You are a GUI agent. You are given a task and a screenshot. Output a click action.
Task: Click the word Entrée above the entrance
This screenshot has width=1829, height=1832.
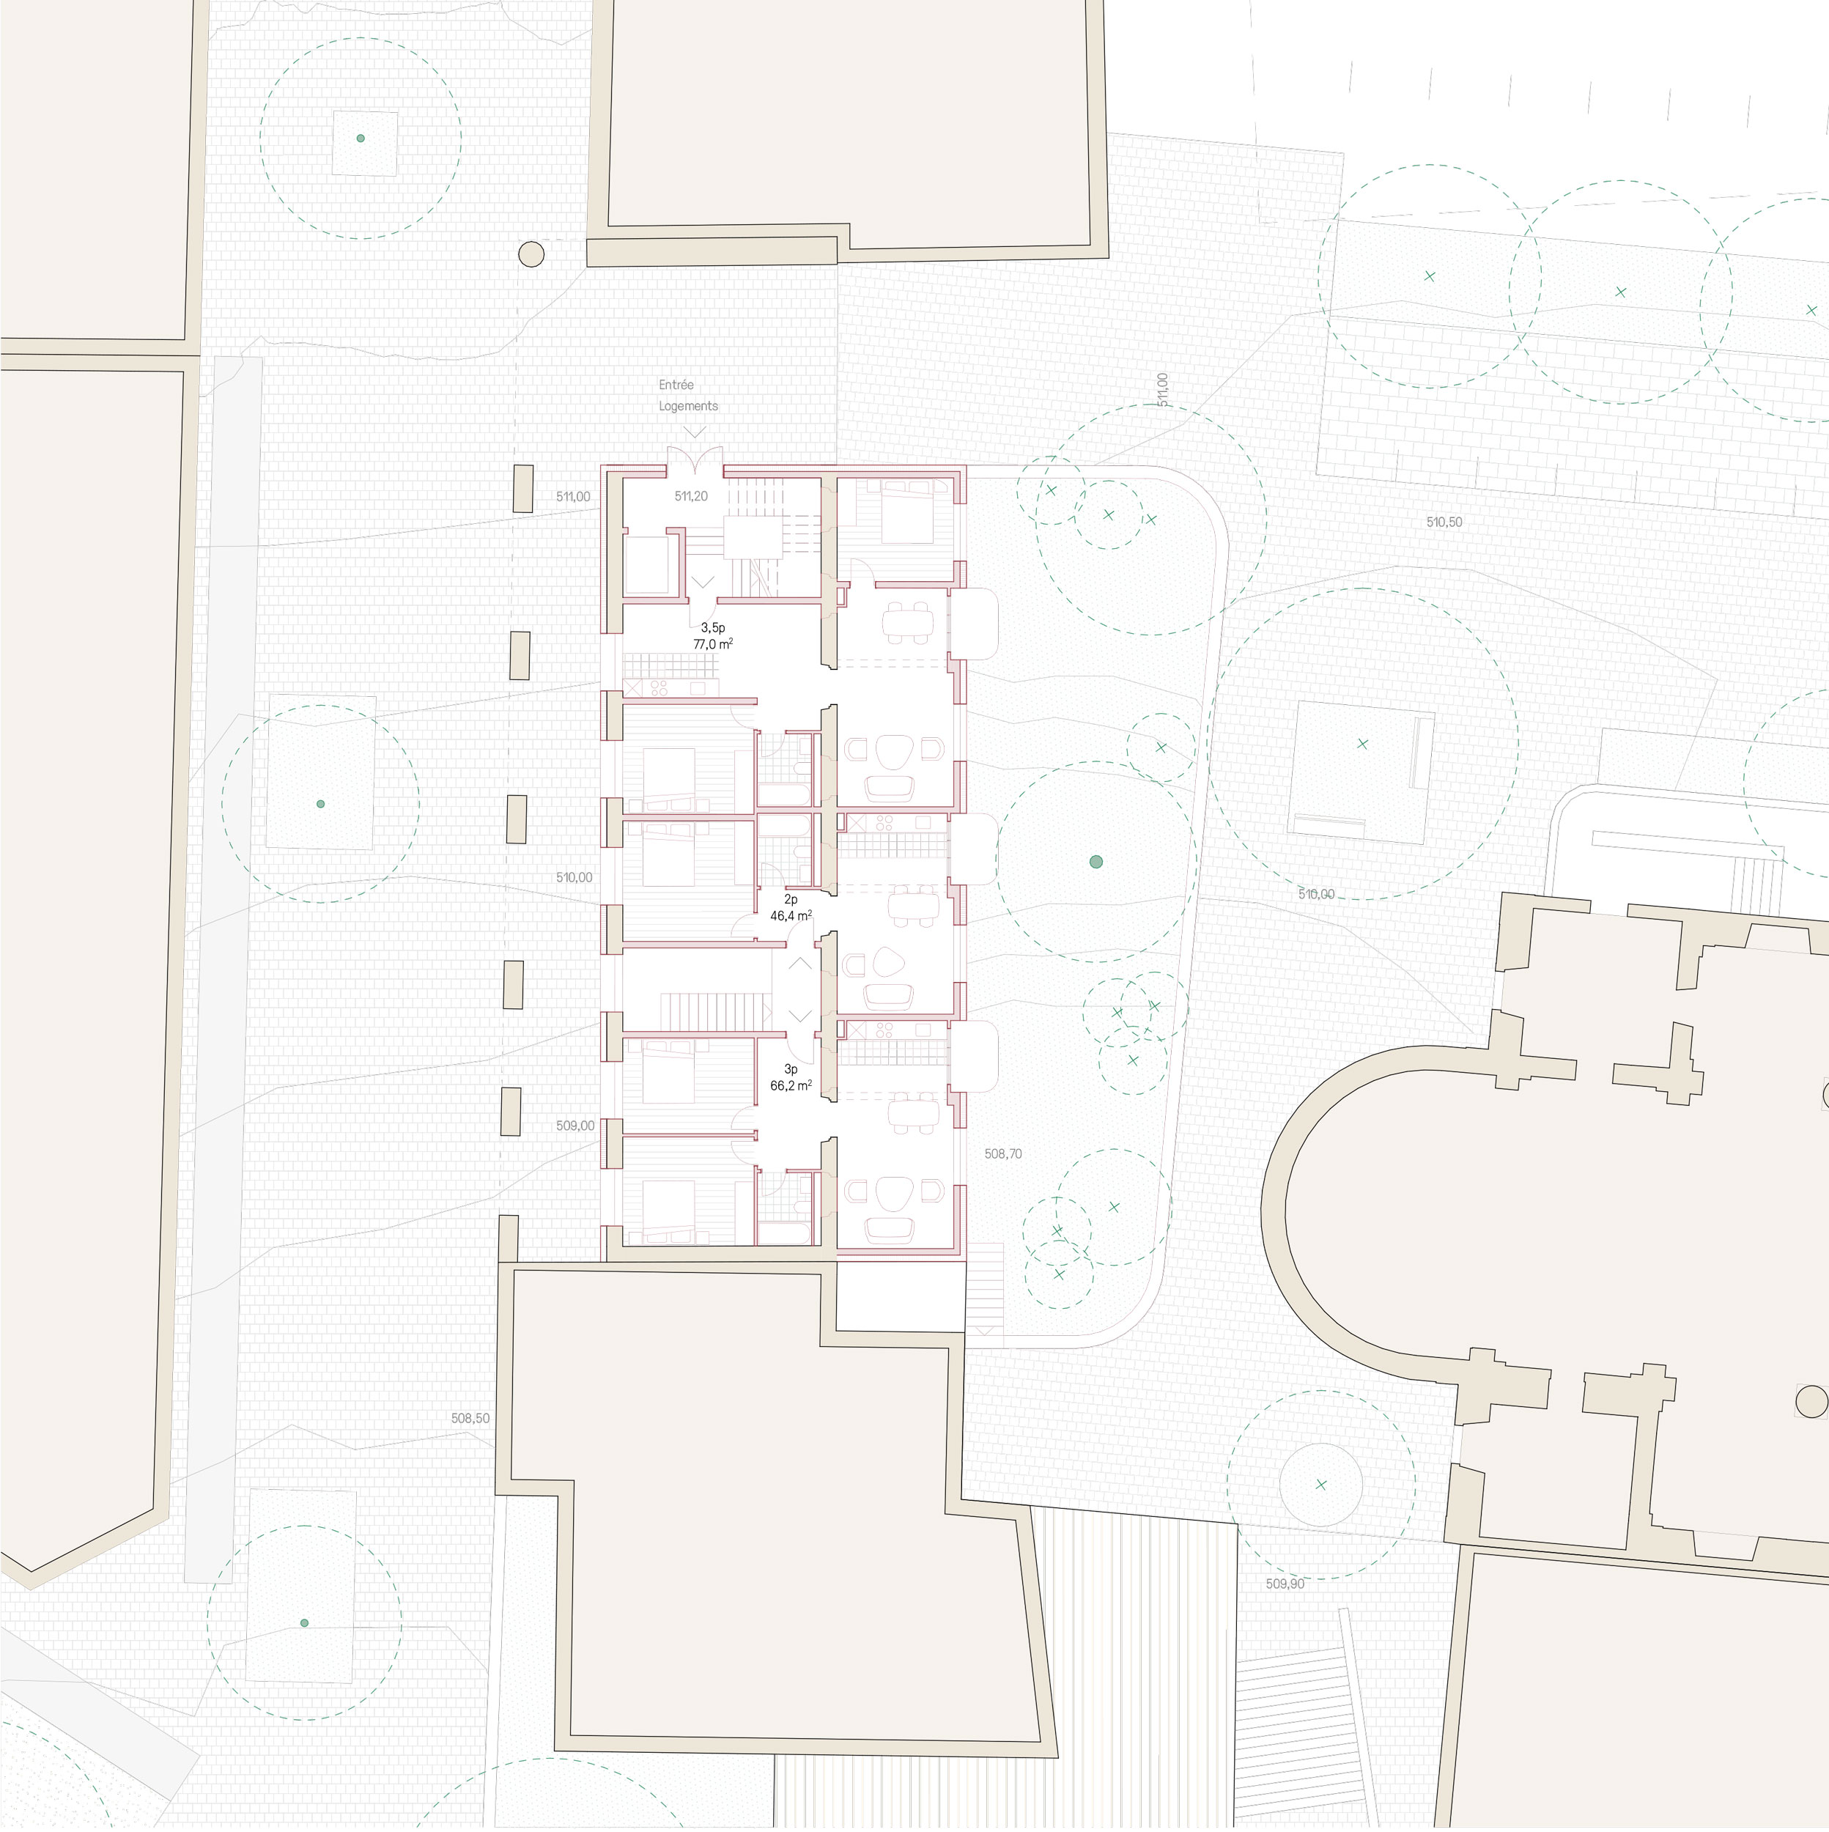[x=676, y=385]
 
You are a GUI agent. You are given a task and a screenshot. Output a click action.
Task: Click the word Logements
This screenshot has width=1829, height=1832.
[x=688, y=406]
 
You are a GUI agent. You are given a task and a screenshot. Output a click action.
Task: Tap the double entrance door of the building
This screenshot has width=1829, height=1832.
[x=695, y=461]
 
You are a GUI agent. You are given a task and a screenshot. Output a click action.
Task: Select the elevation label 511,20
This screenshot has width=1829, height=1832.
[x=691, y=496]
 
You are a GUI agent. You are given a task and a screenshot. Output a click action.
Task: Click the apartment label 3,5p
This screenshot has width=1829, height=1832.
[x=713, y=628]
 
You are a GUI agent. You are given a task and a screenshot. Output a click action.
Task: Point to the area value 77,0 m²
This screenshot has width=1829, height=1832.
[x=713, y=644]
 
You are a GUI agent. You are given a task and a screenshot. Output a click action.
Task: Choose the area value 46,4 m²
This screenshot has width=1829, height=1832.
[x=791, y=916]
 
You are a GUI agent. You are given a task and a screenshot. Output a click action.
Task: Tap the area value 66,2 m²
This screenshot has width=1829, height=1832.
[x=791, y=1086]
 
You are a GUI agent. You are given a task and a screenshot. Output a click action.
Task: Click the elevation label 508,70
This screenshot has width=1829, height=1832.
[x=1003, y=1154]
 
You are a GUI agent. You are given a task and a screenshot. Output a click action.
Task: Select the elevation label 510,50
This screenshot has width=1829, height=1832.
[x=1444, y=522]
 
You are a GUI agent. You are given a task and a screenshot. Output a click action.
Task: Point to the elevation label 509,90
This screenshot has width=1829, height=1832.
[x=1285, y=1584]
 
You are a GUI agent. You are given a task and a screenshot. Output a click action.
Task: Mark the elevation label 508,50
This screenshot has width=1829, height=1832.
[x=470, y=1419]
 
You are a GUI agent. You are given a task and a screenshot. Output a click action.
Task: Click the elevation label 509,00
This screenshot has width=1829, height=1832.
[x=575, y=1126]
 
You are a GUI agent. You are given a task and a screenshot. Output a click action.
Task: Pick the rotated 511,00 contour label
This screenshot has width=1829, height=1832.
[x=1162, y=390]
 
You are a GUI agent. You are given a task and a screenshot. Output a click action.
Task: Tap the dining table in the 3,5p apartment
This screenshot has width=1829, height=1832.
[x=909, y=622]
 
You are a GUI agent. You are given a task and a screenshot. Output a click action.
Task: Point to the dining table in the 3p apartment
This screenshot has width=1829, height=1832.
[x=914, y=1113]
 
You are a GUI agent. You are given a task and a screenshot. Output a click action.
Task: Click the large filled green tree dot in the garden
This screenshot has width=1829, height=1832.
[x=1096, y=862]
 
